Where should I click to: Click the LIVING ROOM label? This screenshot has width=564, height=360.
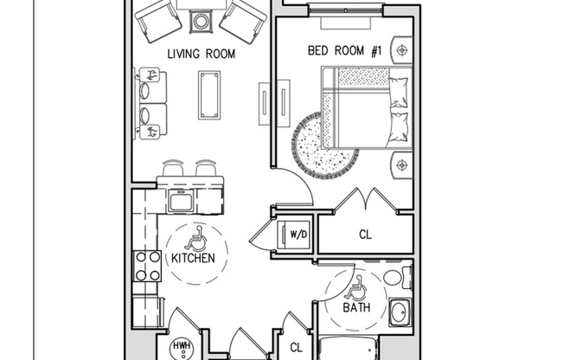(x=201, y=54)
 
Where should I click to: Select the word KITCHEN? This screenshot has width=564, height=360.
(x=193, y=257)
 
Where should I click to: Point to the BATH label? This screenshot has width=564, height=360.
(x=356, y=306)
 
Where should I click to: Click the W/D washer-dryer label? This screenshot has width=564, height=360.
(x=298, y=234)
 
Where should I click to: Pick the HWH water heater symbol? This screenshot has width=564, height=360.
(x=183, y=347)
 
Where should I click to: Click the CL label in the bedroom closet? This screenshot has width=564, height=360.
(x=365, y=234)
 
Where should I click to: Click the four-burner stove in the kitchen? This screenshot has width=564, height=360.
(x=147, y=266)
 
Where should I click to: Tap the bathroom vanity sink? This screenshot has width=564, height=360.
(x=400, y=312)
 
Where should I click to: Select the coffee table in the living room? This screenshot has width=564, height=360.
(x=209, y=94)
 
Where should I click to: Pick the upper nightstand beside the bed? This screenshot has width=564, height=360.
(x=401, y=50)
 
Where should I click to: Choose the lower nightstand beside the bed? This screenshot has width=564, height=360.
(x=401, y=164)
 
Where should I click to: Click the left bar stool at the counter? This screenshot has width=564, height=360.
(x=174, y=168)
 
